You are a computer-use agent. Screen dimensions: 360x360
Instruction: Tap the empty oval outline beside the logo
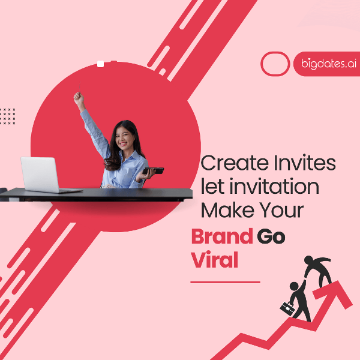[276, 64]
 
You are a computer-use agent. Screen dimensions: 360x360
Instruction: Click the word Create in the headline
[230, 163]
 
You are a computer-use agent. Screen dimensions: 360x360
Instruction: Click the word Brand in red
[221, 236]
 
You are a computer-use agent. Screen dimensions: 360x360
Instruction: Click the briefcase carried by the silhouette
[286, 308]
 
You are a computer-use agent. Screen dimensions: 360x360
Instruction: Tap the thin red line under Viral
[225, 281]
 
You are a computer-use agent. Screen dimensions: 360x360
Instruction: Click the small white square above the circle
[100, 64]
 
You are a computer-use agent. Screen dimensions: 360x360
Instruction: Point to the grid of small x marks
[8, 116]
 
